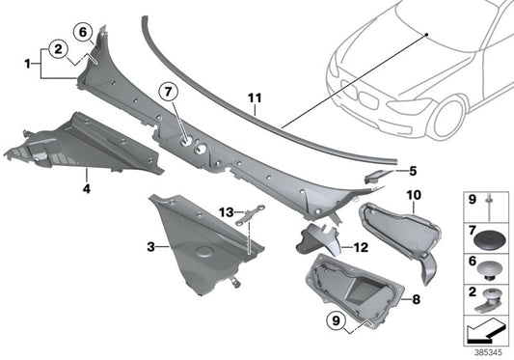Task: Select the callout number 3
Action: point(149,247)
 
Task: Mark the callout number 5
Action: point(413,171)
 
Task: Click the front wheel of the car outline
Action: point(453,113)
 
